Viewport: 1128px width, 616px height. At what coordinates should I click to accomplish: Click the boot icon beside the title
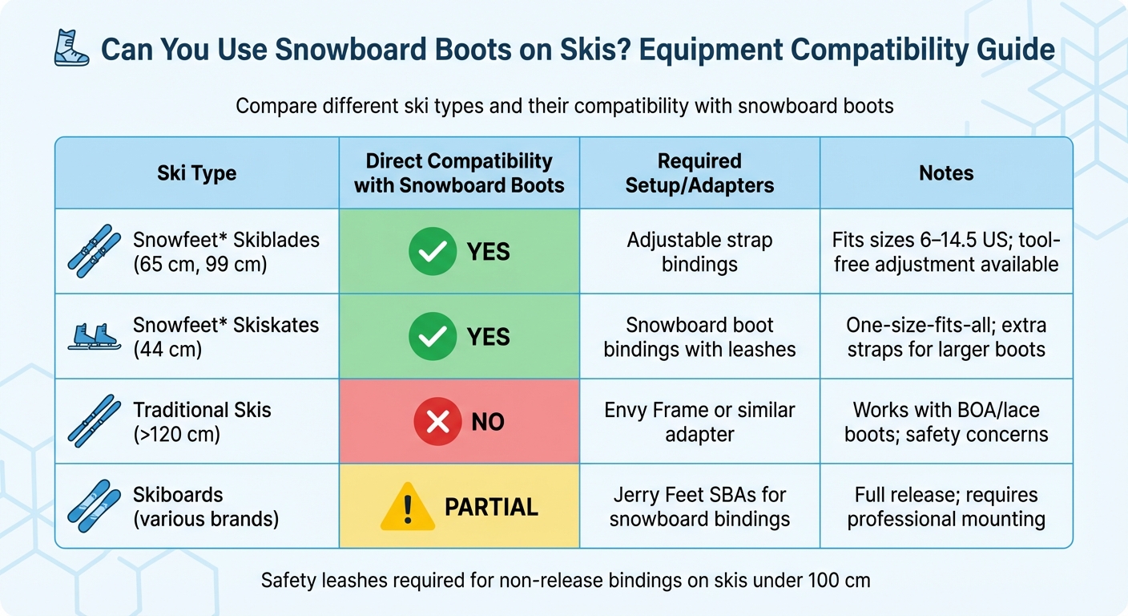[71, 48]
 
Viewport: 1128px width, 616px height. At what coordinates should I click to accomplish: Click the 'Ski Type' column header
[196, 173]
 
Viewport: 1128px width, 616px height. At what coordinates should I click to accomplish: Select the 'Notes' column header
[946, 173]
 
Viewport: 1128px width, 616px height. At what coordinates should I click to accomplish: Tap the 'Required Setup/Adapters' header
[699, 173]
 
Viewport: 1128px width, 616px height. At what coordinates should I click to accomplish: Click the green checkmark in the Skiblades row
[432, 252]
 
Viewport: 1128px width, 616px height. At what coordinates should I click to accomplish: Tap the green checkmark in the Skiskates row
[432, 336]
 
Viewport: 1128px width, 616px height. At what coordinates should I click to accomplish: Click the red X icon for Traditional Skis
[437, 421]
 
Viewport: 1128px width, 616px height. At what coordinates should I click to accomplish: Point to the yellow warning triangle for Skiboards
[407, 506]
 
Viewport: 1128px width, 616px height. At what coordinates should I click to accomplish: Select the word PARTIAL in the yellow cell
[491, 507]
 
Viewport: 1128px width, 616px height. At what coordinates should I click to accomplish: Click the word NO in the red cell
[487, 422]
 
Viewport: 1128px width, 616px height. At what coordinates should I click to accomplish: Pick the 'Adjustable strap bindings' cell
[699, 252]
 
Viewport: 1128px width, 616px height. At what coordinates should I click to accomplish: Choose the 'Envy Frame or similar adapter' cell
[699, 422]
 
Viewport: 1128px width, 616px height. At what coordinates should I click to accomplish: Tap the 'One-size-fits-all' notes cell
[946, 337]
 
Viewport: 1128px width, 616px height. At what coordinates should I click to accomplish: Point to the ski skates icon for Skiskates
[94, 336]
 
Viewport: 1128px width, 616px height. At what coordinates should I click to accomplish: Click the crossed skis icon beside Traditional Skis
[94, 421]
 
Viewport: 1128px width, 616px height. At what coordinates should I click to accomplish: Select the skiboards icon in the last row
[94, 506]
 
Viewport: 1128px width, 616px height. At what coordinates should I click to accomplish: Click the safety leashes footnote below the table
[565, 580]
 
